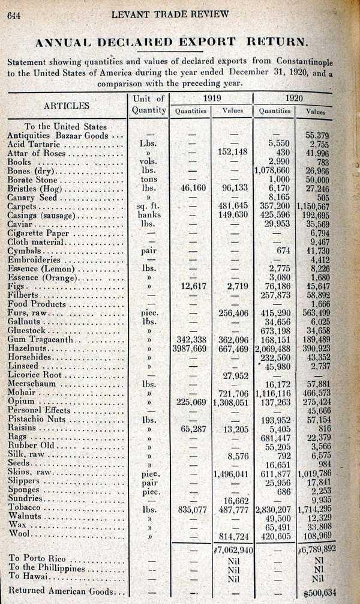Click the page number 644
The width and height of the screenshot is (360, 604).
pyautogui.click(x=14, y=16)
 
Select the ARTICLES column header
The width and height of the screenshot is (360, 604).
pyautogui.click(x=67, y=106)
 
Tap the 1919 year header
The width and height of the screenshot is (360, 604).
pyautogui.click(x=211, y=98)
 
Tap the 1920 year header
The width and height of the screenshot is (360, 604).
pyautogui.click(x=294, y=98)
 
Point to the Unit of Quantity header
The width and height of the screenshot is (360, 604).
pyautogui.click(x=148, y=104)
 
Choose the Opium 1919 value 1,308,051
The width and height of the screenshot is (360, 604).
pyautogui.click(x=232, y=401)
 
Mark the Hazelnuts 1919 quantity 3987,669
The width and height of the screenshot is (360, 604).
pyautogui.click(x=190, y=348)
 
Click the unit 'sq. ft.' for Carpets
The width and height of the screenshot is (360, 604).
pyautogui.click(x=148, y=205)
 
